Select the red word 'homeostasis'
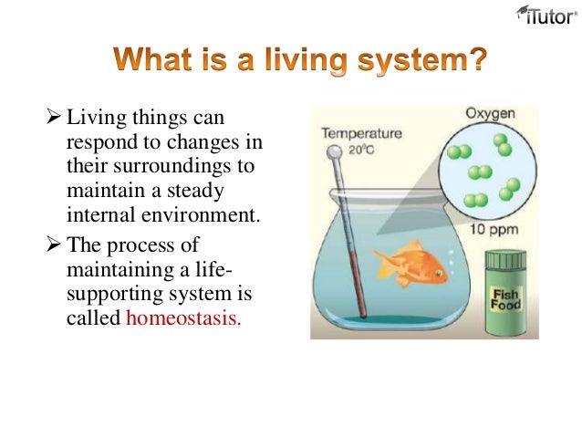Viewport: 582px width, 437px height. pyautogui.click(x=184, y=318)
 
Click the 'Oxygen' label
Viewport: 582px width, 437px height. pyautogui.click(x=490, y=113)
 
